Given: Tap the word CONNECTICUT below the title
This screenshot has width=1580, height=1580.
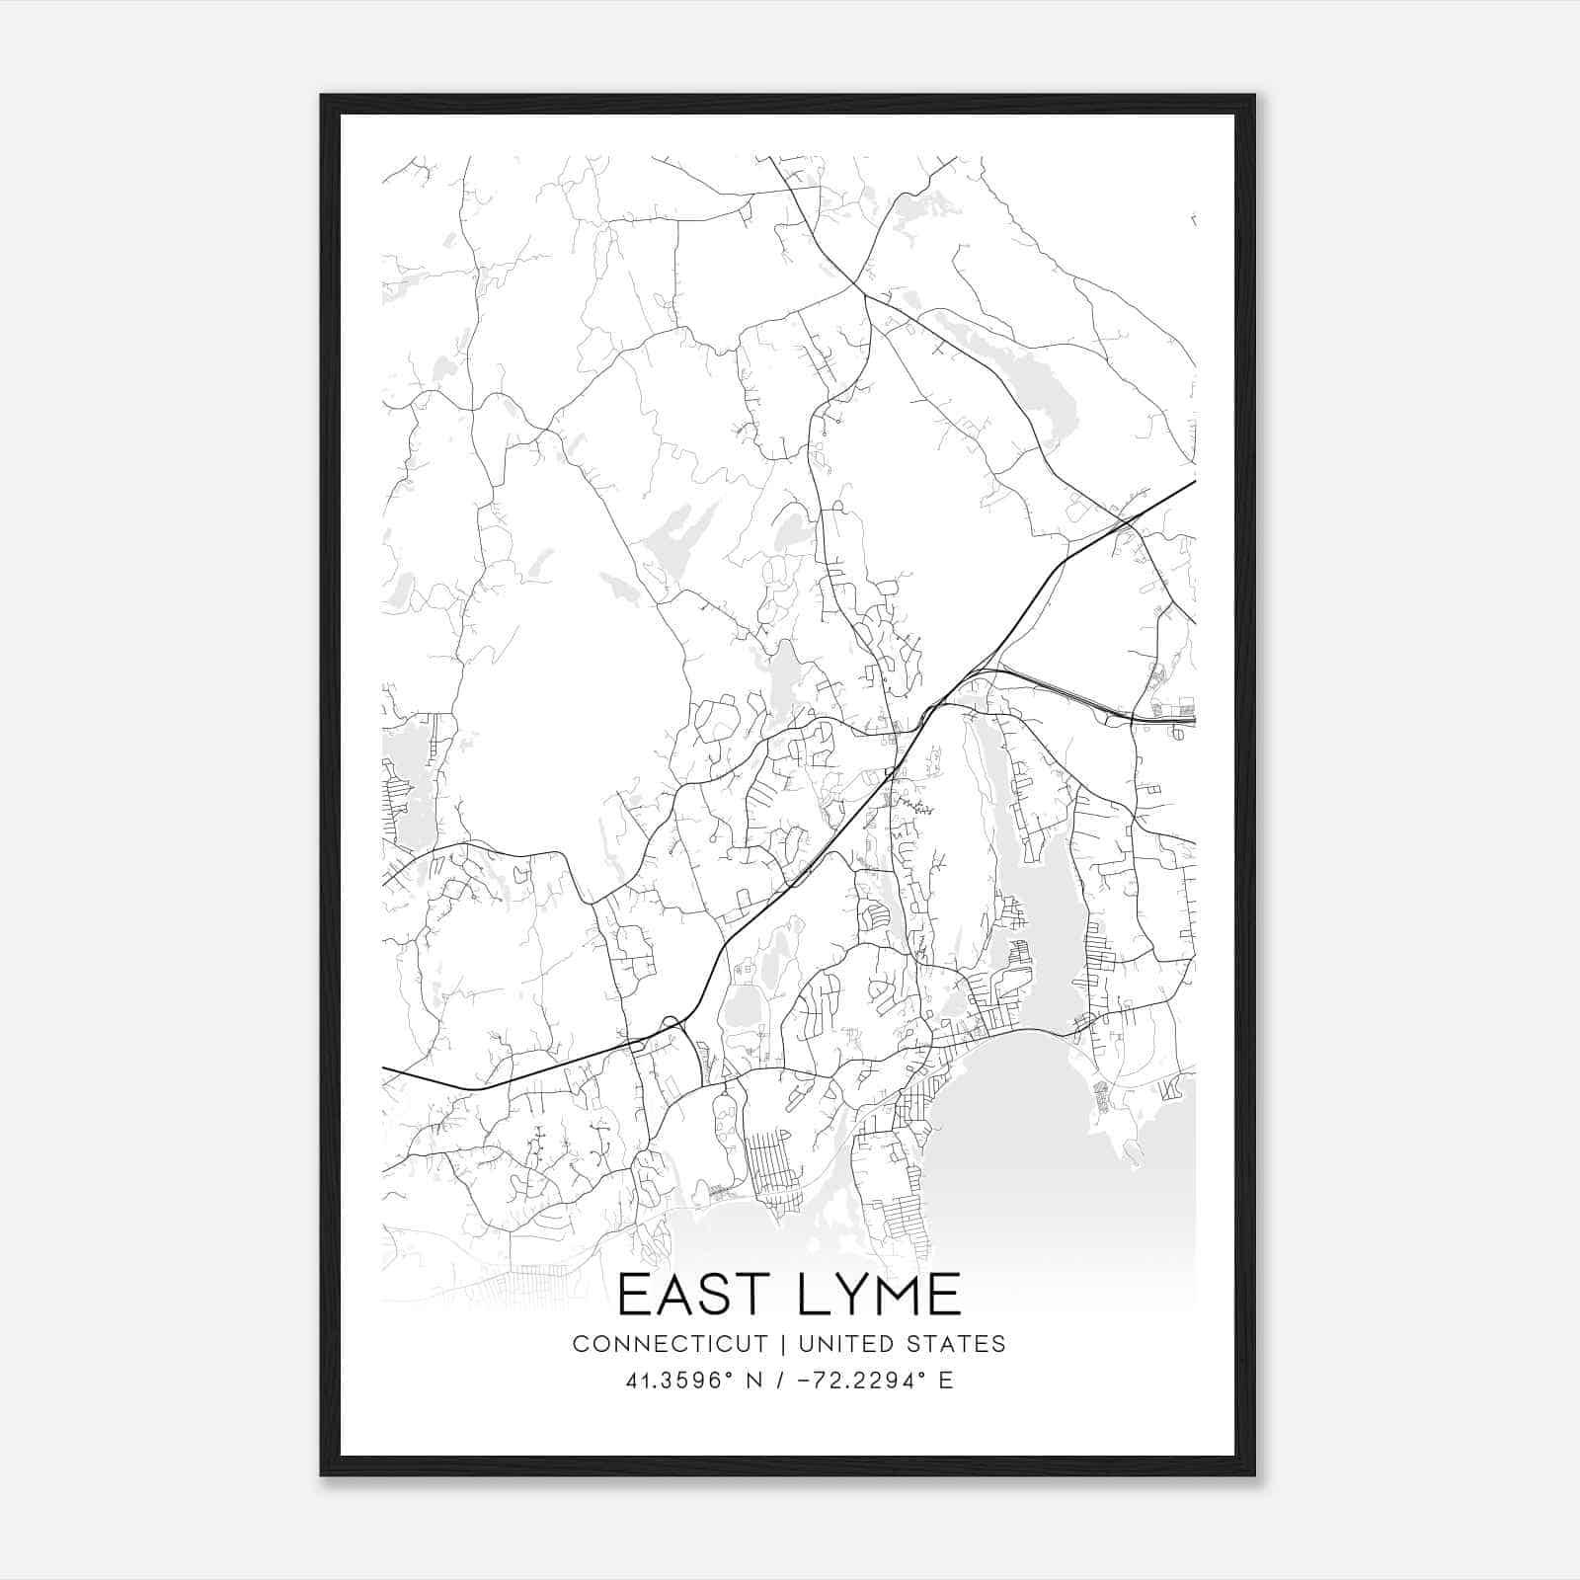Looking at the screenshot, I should point(670,1344).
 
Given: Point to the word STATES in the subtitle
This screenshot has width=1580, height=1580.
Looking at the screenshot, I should point(953,1344).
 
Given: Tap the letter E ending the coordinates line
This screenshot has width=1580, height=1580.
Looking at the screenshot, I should point(946,1381).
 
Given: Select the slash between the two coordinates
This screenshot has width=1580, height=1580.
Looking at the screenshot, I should point(781,1381).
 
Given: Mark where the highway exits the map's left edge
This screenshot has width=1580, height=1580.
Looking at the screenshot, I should point(385,1068).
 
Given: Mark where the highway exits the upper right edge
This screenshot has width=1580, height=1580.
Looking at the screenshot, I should point(1193,483).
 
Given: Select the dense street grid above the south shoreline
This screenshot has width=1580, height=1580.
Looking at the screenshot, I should point(775,1165).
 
